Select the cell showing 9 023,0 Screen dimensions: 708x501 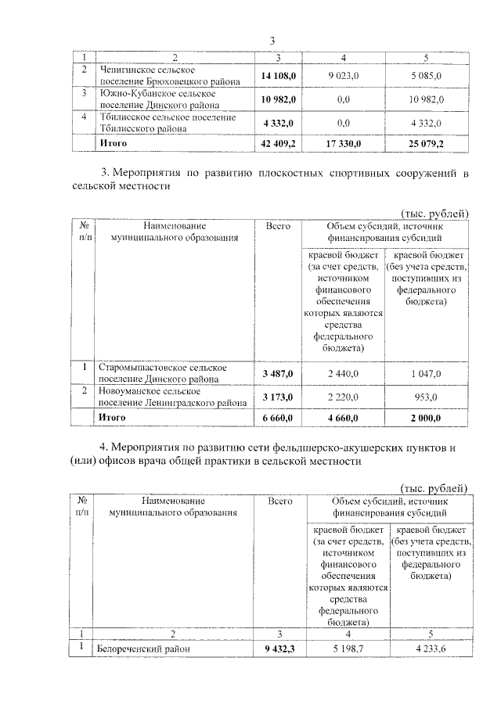342,76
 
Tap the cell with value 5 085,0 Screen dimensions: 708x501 427,76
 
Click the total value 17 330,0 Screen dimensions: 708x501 342,144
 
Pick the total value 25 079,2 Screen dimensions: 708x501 427,144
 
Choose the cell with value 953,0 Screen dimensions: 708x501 427,397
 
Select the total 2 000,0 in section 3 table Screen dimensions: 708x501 427,419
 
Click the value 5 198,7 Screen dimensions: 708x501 345,649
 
